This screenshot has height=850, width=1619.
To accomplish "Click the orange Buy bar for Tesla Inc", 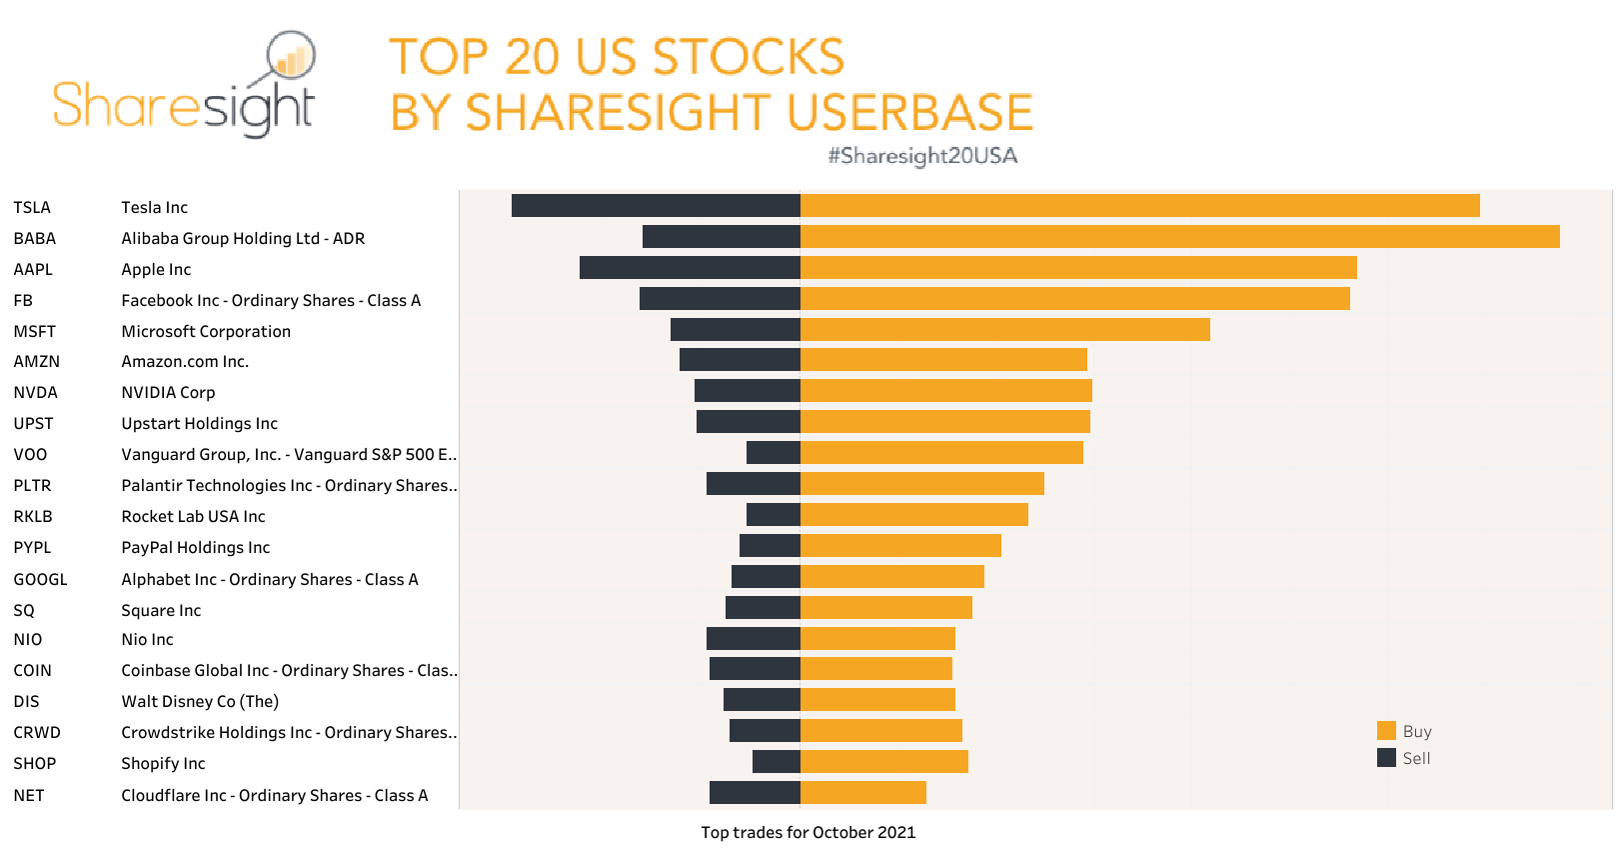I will (1139, 206).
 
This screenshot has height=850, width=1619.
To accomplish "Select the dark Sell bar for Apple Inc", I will (690, 268).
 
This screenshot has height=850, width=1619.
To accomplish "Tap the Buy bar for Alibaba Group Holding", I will (1179, 237).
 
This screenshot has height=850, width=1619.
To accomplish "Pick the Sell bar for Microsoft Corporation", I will (736, 330).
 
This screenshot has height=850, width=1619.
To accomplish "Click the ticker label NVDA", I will (36, 393).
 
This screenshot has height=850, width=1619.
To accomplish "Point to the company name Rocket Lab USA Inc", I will (193, 517).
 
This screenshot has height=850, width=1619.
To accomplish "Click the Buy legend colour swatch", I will (1386, 731).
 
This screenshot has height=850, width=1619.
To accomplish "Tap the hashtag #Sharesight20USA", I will (922, 156).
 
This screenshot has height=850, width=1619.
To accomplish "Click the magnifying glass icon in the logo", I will (291, 57).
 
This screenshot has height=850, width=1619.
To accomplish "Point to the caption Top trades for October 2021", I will (808, 833).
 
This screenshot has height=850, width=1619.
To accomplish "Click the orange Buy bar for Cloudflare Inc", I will (863, 793).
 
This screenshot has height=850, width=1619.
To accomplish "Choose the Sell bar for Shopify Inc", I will (777, 762).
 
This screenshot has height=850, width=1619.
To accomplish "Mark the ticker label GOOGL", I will (41, 580).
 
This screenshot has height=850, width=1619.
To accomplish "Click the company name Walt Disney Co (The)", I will (200, 702).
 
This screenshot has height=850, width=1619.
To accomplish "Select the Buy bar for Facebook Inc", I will (1074, 299).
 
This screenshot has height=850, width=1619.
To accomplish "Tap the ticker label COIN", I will (33, 671).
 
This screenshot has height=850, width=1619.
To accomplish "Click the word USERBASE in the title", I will (909, 113).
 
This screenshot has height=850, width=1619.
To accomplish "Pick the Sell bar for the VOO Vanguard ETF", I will (774, 453).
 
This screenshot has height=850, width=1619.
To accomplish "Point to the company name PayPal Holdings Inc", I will (196, 548).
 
